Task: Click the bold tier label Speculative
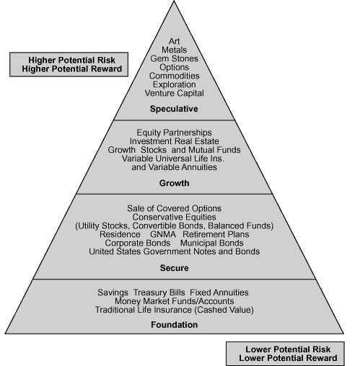click(x=174, y=109)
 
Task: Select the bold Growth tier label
click(x=174, y=183)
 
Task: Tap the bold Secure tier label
click(x=175, y=268)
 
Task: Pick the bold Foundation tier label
click(x=175, y=325)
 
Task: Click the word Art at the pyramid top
click(x=174, y=41)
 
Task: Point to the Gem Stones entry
click(x=174, y=58)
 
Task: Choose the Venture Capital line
click(x=174, y=93)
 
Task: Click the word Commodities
click(x=174, y=76)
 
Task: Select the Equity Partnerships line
click(x=174, y=133)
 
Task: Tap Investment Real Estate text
click(x=174, y=141)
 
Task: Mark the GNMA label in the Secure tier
click(x=163, y=234)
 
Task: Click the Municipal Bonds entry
click(x=212, y=243)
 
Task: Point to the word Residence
click(x=120, y=234)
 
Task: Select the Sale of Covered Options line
click(x=174, y=208)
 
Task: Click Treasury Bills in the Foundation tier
click(x=159, y=293)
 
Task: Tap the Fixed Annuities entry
click(x=219, y=293)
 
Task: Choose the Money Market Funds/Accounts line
click(x=174, y=301)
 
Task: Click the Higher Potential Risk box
click(x=69, y=65)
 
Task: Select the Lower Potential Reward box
click(x=285, y=354)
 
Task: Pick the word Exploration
click(x=174, y=84)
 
